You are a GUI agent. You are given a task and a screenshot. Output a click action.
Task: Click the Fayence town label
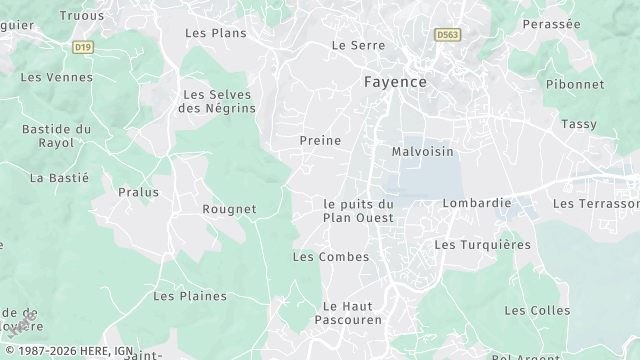pos(394,81)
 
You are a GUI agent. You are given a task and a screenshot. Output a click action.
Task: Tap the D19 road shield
pos(83,46)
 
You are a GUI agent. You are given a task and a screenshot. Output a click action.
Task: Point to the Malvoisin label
pos(422,152)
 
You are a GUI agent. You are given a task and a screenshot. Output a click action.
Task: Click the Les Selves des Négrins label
pos(217,101)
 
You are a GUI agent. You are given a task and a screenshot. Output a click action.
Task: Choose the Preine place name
pos(320,141)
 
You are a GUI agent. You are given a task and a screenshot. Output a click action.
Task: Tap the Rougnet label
pos(229,209)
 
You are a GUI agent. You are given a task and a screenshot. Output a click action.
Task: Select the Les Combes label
pos(330,257)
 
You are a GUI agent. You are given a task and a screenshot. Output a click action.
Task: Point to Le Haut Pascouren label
pos(346,314)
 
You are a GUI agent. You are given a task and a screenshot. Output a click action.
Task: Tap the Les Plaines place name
pos(190,296)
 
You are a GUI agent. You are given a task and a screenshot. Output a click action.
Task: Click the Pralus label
pos(138,191)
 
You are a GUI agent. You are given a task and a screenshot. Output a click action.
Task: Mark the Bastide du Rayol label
pos(57,136)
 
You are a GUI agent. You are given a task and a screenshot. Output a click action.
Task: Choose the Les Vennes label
pos(56,77)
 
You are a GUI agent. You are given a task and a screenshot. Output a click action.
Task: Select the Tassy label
pos(578,124)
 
